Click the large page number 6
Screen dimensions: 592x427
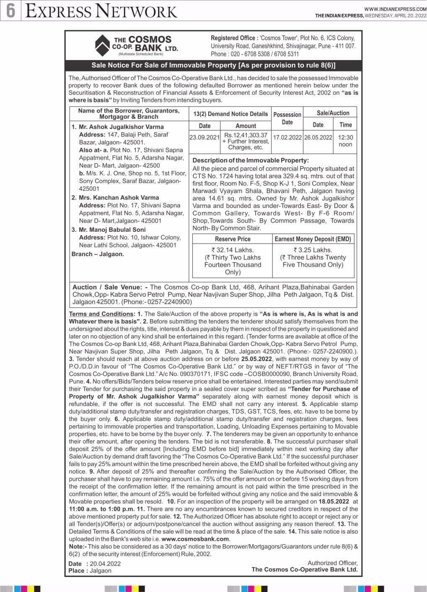tap(10, 10)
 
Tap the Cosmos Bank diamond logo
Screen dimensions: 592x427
tap(102, 45)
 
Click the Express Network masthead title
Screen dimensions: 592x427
tap(101, 11)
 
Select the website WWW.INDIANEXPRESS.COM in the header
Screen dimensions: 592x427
tap(395, 9)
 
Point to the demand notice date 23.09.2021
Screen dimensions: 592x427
tap(204, 138)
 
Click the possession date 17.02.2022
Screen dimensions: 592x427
tap(287, 138)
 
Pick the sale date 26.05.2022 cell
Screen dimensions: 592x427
tap(318, 138)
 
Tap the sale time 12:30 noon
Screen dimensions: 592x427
tap(345, 141)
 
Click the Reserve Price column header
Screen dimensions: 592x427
tap(233, 239)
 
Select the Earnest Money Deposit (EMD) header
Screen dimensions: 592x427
tap(313, 239)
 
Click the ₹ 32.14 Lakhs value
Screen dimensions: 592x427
tap(233, 250)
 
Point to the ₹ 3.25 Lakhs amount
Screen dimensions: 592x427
tap(313, 250)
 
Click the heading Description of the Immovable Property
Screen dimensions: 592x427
tap(251, 160)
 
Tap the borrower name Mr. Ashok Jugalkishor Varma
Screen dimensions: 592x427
tap(121, 127)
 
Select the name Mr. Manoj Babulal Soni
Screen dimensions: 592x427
tap(112, 230)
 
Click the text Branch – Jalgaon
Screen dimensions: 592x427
tap(98, 254)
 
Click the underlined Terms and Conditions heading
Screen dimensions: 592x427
tap(101, 314)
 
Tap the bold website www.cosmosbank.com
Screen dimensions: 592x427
tap(195, 539)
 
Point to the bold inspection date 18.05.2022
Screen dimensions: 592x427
tap(334, 501)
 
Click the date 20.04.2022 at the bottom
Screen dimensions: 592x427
tap(105, 564)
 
